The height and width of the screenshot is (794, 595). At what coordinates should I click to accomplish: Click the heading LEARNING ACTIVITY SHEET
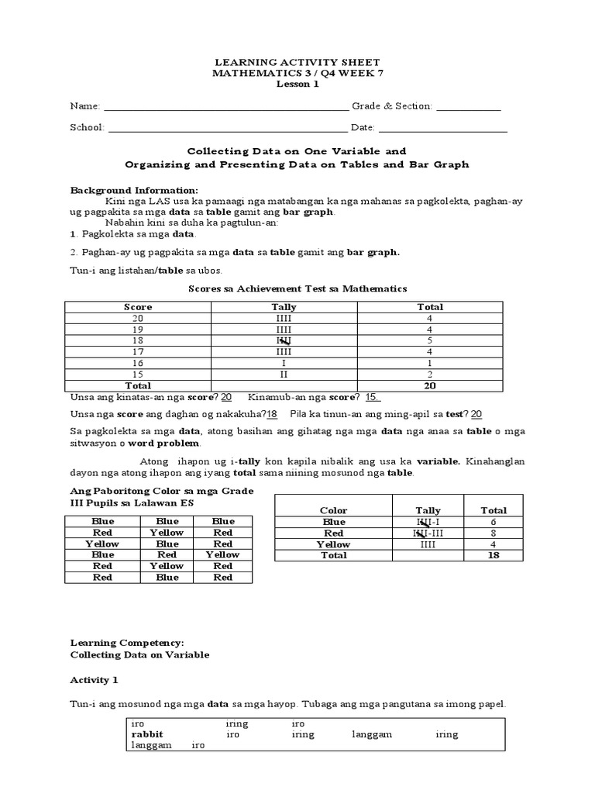[297, 61]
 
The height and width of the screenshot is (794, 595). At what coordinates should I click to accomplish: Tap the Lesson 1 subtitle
[297, 85]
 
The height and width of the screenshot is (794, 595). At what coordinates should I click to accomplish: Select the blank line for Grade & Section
[469, 106]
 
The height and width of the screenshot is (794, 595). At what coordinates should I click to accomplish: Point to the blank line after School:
[228, 128]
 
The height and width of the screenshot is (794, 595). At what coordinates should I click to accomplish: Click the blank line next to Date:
[442, 128]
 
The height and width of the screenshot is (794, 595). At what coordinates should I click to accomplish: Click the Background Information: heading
[134, 190]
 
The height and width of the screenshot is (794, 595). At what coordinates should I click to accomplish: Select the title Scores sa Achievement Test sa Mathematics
[297, 288]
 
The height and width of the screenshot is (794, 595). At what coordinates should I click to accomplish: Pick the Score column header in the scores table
[138, 307]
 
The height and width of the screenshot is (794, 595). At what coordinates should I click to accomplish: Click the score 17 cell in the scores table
[138, 351]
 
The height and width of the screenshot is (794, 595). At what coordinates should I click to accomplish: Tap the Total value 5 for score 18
[427, 340]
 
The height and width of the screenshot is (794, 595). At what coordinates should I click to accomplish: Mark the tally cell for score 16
[284, 362]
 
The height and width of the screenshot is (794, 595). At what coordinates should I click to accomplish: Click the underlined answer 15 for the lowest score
[373, 397]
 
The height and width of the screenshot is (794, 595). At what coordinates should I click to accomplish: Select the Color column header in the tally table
[333, 511]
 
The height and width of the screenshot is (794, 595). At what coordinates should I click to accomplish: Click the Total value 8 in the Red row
[494, 533]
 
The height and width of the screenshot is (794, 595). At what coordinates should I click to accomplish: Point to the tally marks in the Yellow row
[428, 544]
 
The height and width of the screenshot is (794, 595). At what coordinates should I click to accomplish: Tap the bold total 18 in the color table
[494, 556]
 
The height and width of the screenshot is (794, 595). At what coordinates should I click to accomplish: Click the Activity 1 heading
[95, 680]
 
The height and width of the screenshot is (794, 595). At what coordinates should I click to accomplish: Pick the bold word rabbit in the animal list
[147, 734]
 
